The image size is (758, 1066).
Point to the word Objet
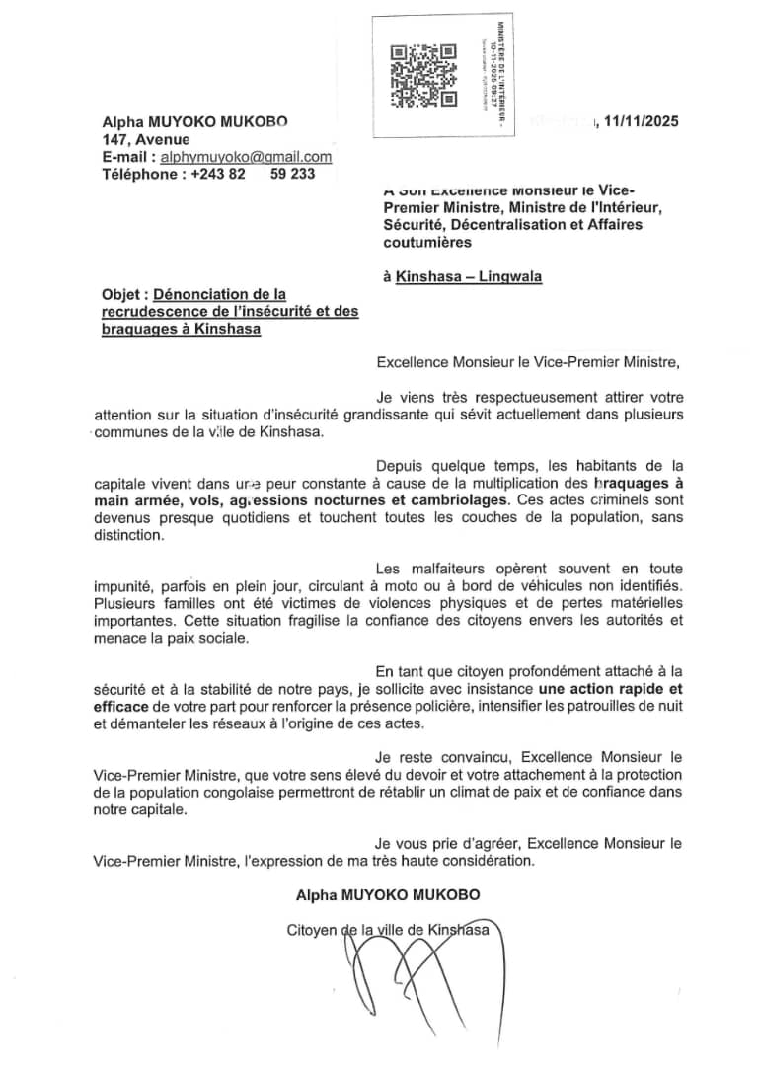[x=122, y=294]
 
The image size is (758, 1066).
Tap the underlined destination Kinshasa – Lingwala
[x=468, y=277]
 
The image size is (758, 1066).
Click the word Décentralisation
[x=504, y=225]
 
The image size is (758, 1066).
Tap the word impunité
[x=125, y=586]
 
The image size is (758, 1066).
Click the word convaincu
[x=468, y=757]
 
